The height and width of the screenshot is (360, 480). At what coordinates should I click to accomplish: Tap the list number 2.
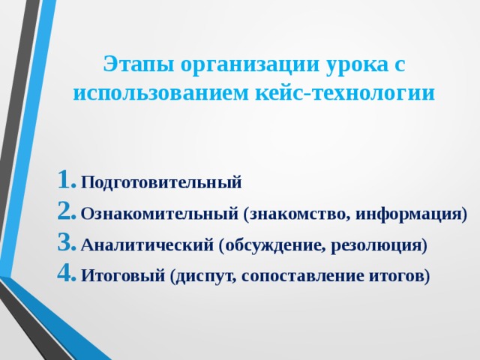click(x=66, y=213)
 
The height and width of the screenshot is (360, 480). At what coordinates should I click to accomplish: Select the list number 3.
click(x=66, y=244)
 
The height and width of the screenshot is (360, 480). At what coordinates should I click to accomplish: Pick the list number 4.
click(x=66, y=275)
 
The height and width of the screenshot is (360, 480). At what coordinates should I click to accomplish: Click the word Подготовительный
click(x=161, y=182)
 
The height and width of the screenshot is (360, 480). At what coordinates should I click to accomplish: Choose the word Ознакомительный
click(x=160, y=214)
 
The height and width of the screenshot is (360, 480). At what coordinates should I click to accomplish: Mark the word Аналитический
click(x=147, y=245)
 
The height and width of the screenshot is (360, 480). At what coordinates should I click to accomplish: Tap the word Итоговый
click(x=123, y=276)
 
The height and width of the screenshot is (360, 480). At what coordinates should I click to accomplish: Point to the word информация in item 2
click(x=410, y=214)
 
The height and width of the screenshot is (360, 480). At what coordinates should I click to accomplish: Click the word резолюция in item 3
click(x=382, y=245)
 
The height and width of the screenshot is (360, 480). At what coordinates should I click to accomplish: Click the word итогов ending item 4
click(x=400, y=276)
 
